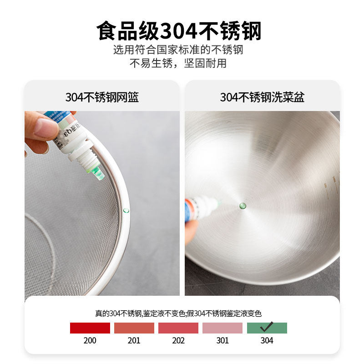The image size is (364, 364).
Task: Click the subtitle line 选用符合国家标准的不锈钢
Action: point(178,50)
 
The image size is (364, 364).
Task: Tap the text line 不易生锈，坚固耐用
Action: point(178,63)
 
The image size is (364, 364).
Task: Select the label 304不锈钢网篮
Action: point(102,97)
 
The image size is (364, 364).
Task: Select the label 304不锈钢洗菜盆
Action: point(262,97)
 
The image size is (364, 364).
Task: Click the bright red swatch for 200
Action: point(90,328)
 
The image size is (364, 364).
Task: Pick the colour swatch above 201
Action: point(134,328)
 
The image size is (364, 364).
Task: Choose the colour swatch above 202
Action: point(178,328)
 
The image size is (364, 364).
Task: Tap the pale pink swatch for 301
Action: point(222,328)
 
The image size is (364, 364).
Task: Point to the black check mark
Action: point(267,326)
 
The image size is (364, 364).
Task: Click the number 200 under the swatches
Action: point(90,340)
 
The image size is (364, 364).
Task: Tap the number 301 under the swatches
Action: point(222,340)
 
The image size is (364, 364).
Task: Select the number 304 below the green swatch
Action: point(267,340)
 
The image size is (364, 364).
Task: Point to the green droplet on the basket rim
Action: point(126,211)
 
